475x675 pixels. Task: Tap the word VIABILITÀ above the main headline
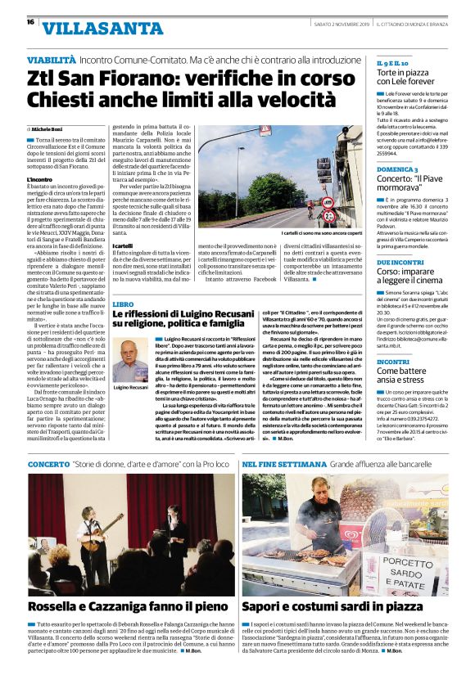point(52,61)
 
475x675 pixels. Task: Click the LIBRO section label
point(123,303)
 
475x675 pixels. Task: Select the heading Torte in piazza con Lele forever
point(416,78)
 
